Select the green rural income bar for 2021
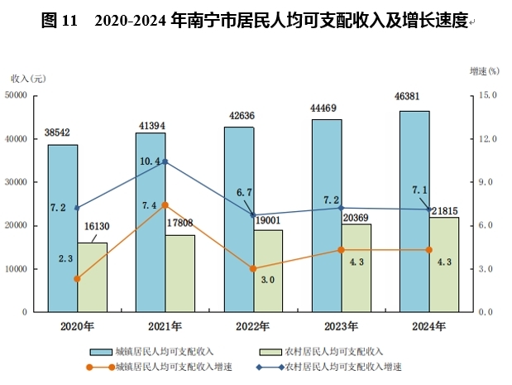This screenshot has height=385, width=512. click(x=179, y=274)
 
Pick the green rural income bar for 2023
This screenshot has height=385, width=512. click(x=356, y=268)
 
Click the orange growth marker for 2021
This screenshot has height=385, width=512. click(x=165, y=205)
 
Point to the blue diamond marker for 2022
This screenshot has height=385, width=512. click(x=253, y=215)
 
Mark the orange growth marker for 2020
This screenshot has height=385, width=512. click(x=77, y=279)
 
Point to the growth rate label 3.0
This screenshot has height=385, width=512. click(x=266, y=280)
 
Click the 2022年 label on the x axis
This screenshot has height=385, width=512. click(x=254, y=325)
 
